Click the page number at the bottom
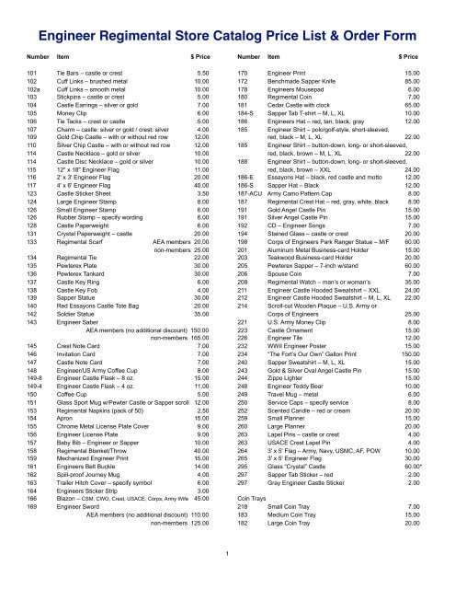click(227, 554)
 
